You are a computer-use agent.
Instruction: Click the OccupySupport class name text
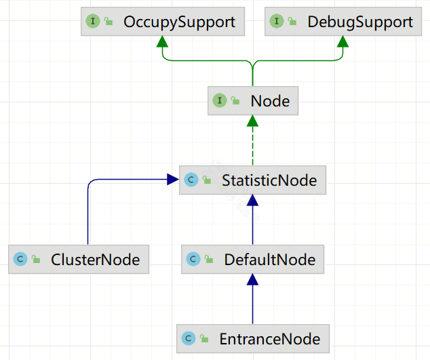coord(179,22)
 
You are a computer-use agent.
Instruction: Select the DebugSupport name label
coord(360,22)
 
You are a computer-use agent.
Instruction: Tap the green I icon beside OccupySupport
coord(93,21)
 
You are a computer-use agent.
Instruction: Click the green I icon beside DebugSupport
coord(277,21)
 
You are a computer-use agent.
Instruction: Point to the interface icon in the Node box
coord(220,100)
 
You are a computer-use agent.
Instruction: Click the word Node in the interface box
coord(270,101)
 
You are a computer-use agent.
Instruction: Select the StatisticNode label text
coord(269,180)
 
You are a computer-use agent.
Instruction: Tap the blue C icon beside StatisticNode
coord(191,180)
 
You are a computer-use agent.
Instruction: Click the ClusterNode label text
coord(96,260)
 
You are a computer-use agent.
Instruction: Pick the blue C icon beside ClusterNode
coord(20,259)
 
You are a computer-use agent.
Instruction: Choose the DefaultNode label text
coord(270,260)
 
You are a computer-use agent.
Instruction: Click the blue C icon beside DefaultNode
coord(193,259)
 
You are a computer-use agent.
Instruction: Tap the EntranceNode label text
coord(270,339)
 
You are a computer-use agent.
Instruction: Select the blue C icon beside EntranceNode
coord(189,338)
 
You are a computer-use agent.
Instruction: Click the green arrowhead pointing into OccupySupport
coord(162,41)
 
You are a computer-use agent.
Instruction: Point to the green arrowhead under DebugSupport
coord(343,41)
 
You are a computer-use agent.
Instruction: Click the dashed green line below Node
coord(252,146)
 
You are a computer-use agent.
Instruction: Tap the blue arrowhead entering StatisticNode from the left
coord(173,180)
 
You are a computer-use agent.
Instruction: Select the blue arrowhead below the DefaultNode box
coord(252,279)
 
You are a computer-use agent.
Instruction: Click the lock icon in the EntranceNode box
coord(204,338)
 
